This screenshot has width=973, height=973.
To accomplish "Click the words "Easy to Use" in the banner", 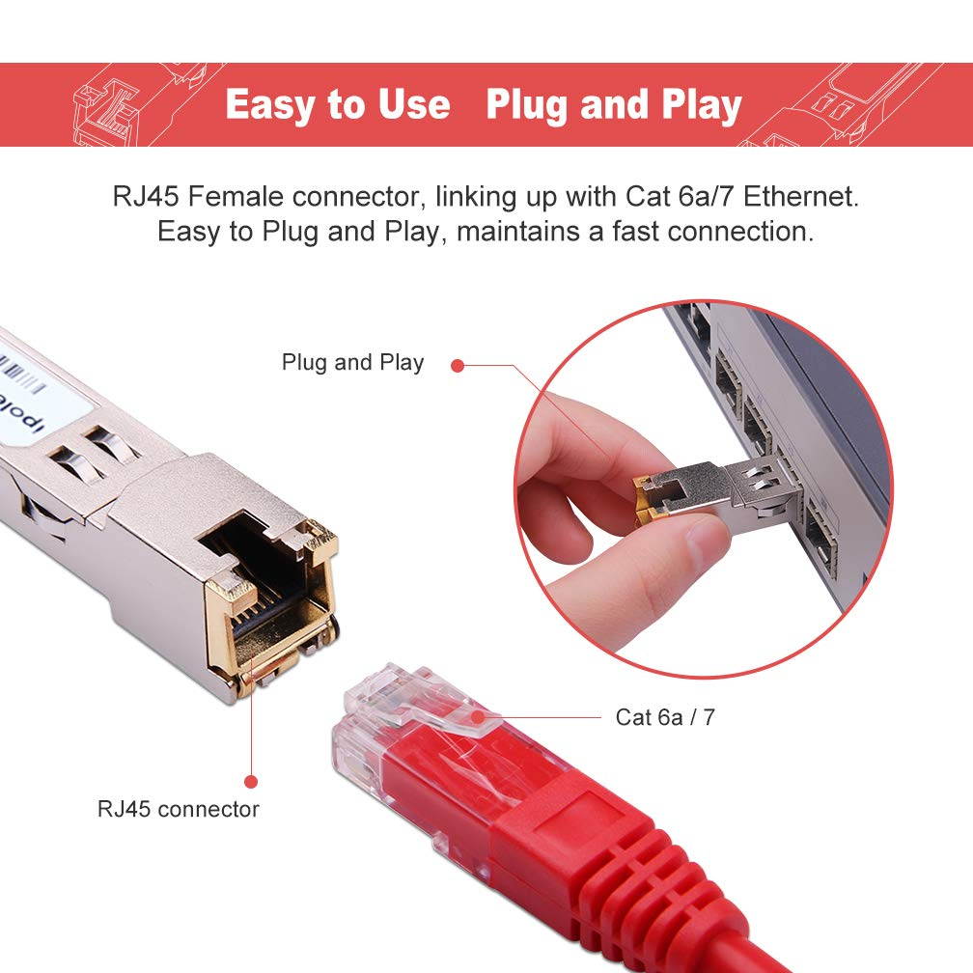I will pyautogui.click(x=337, y=105).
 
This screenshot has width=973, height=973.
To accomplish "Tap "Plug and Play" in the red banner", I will pyautogui.click(x=614, y=105).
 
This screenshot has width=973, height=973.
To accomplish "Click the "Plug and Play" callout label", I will pyautogui.click(x=352, y=363).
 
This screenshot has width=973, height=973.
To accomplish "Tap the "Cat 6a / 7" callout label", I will pyautogui.click(x=665, y=717).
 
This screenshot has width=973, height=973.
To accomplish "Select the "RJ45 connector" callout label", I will pyautogui.click(x=178, y=808).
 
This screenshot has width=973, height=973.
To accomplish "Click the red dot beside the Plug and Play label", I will pyautogui.click(x=458, y=365).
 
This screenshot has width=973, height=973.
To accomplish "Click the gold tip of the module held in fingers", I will pyautogui.click(x=642, y=500).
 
